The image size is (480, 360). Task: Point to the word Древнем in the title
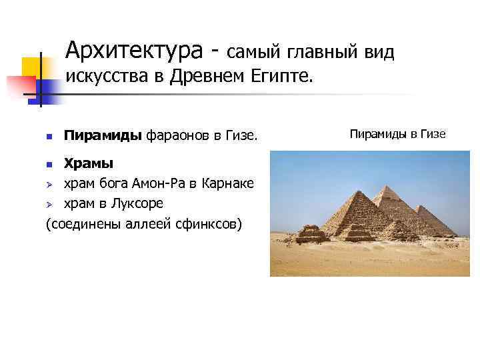[209, 78]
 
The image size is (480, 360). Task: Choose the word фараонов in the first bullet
[175, 136]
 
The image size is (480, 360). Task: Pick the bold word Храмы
[88, 163]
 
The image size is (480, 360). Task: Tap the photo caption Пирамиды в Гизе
[397, 134]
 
